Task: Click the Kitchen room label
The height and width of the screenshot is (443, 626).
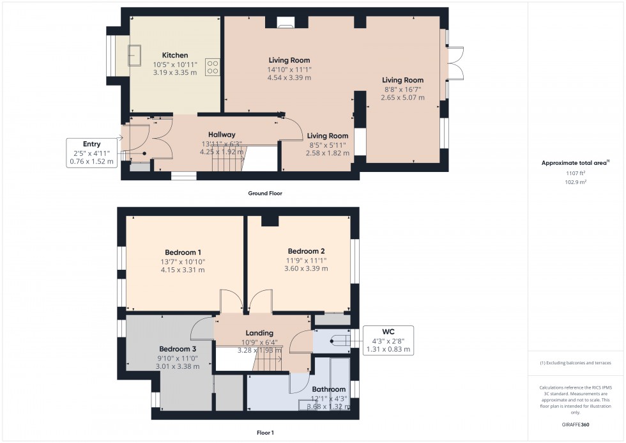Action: tap(174, 55)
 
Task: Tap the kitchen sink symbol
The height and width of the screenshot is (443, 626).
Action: tap(135, 55)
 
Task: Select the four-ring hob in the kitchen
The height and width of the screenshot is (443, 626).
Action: tap(213, 67)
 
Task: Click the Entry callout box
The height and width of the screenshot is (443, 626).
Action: tap(91, 153)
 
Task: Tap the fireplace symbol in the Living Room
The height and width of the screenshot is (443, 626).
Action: tap(285, 25)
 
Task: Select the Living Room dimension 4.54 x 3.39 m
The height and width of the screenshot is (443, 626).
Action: tap(289, 78)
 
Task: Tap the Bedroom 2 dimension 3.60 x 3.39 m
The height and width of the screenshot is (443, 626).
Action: tap(306, 269)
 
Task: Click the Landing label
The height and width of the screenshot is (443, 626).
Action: tap(259, 333)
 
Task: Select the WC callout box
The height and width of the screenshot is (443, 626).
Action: tap(388, 341)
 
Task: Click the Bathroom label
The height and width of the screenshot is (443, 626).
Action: tap(328, 389)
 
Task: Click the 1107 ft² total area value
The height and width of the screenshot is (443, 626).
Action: tap(576, 173)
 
